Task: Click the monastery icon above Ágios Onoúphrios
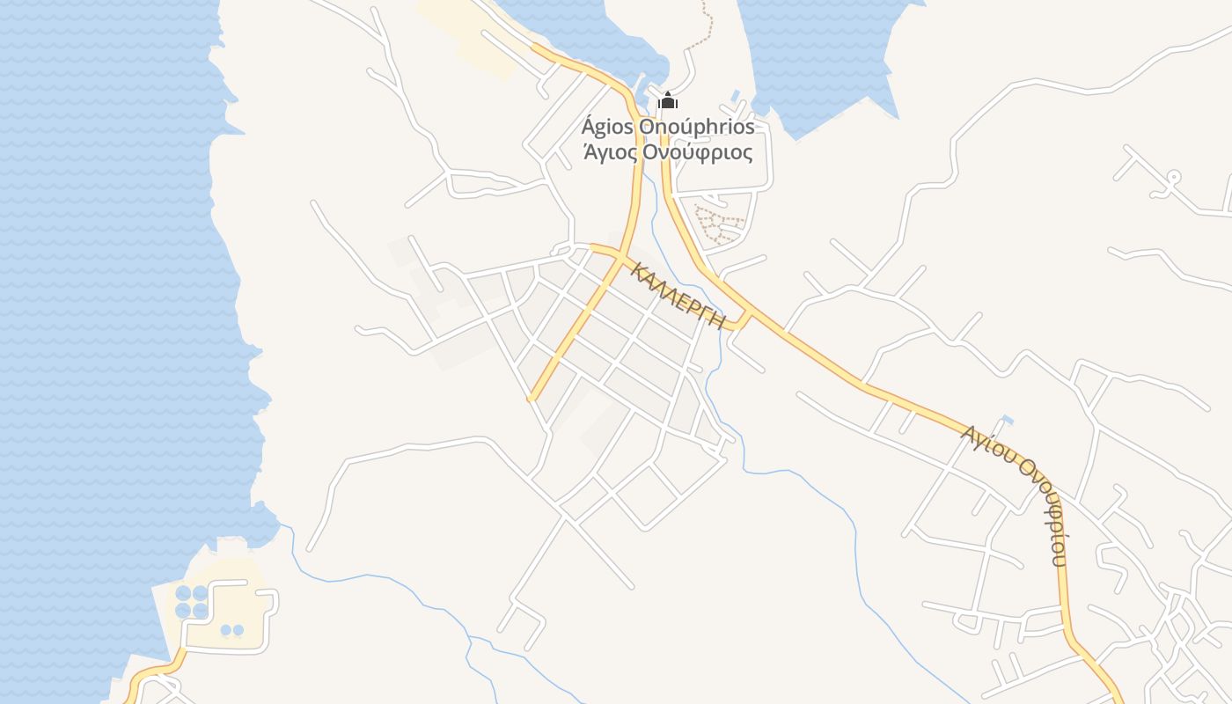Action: coord(668,100)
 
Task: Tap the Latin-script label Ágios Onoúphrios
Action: coord(668,127)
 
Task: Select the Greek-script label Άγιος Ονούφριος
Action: coord(668,152)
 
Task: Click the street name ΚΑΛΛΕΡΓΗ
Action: coord(678,296)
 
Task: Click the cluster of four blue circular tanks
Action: coord(192,601)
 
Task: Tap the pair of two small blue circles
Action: coord(232,630)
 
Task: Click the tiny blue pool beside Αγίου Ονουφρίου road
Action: coord(1007,420)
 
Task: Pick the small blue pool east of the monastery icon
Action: coord(734,94)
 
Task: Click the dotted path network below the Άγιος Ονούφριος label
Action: coord(717,225)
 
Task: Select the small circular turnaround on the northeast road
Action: coord(1171,177)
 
